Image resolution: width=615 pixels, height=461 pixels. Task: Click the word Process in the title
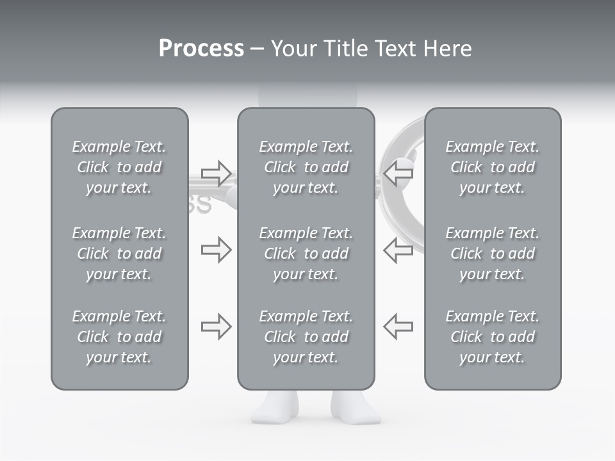(x=201, y=49)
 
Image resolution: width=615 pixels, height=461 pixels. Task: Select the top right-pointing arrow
(x=216, y=173)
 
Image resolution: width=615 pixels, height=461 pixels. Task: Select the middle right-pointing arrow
(x=216, y=250)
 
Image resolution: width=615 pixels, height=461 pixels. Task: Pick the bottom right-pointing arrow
(x=216, y=326)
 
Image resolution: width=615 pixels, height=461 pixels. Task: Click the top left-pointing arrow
(x=398, y=173)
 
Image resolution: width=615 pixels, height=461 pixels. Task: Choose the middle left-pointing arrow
(x=398, y=250)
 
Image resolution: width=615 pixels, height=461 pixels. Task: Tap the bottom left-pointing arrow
(x=398, y=326)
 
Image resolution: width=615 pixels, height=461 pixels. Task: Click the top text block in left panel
(x=119, y=167)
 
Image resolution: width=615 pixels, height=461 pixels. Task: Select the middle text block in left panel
(x=119, y=254)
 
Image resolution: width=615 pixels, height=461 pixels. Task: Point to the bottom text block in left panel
(x=119, y=337)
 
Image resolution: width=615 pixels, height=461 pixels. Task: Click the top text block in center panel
(x=306, y=167)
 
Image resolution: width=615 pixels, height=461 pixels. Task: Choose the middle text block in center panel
(x=306, y=254)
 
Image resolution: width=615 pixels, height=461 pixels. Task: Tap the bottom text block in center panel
(x=306, y=337)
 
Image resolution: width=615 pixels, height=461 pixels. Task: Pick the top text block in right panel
(x=492, y=167)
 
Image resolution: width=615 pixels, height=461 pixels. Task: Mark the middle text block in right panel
(x=492, y=254)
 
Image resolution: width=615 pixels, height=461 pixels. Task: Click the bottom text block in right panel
(x=492, y=337)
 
